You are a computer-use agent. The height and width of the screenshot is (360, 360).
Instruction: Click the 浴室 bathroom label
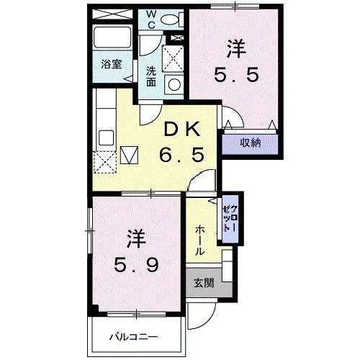111,64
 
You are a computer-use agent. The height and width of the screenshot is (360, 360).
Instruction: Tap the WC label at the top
152,18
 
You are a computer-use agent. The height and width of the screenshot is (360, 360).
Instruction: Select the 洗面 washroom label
151,76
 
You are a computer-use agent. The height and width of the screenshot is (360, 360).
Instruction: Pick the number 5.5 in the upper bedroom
235,74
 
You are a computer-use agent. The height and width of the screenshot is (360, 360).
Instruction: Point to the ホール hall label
199,239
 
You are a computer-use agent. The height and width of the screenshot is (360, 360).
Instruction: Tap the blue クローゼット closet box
229,214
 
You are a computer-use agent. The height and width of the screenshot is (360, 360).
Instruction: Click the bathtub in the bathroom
113,40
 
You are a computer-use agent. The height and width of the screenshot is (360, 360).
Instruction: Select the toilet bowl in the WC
174,19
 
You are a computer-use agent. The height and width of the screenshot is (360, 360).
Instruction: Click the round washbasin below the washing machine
174,84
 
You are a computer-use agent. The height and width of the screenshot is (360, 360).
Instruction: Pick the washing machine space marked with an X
172,58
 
